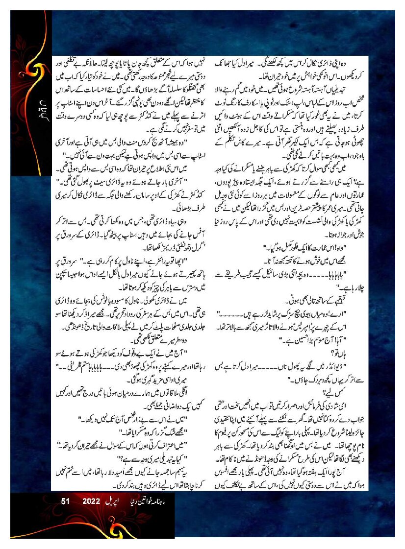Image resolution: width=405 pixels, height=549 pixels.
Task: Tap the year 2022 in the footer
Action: pos(91,501)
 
